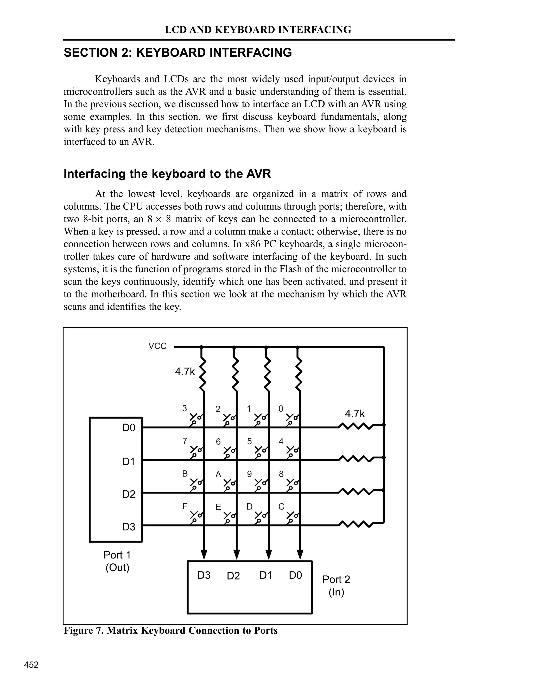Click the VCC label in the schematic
click(157, 346)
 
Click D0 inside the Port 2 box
click(295, 575)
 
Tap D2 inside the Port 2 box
click(233, 576)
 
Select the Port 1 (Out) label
click(117, 561)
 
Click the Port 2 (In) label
click(336, 586)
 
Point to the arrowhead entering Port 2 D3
click(204, 554)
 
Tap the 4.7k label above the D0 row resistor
click(355, 414)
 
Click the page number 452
click(31, 665)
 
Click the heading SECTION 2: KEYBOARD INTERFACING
click(178, 52)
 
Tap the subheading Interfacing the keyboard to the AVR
click(167, 174)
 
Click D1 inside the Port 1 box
click(129, 461)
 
